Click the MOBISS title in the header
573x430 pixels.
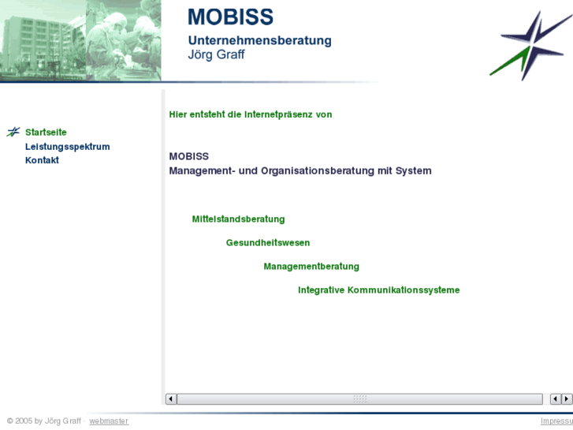pyautogui.click(x=230, y=17)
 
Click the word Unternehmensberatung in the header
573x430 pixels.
pyautogui.click(x=259, y=40)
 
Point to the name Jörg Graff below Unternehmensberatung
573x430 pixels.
pyautogui.click(x=216, y=55)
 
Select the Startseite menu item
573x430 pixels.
pyautogui.click(x=46, y=133)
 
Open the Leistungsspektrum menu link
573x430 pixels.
pyautogui.click(x=67, y=147)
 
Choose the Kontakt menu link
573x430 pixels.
pyautogui.click(x=42, y=160)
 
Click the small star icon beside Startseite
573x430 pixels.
pyautogui.click(x=13, y=133)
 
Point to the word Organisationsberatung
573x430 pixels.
pyautogui.click(x=318, y=170)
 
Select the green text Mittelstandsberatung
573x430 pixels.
pyautogui.click(x=238, y=219)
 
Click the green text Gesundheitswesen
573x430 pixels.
pyautogui.click(x=268, y=243)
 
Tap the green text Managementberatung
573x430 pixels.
pyautogui.click(x=311, y=267)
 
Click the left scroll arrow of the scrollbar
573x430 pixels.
pyautogui.click(x=171, y=399)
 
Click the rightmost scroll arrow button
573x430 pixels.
pyautogui.click(x=567, y=399)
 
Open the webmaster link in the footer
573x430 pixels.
pyautogui.click(x=109, y=421)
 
